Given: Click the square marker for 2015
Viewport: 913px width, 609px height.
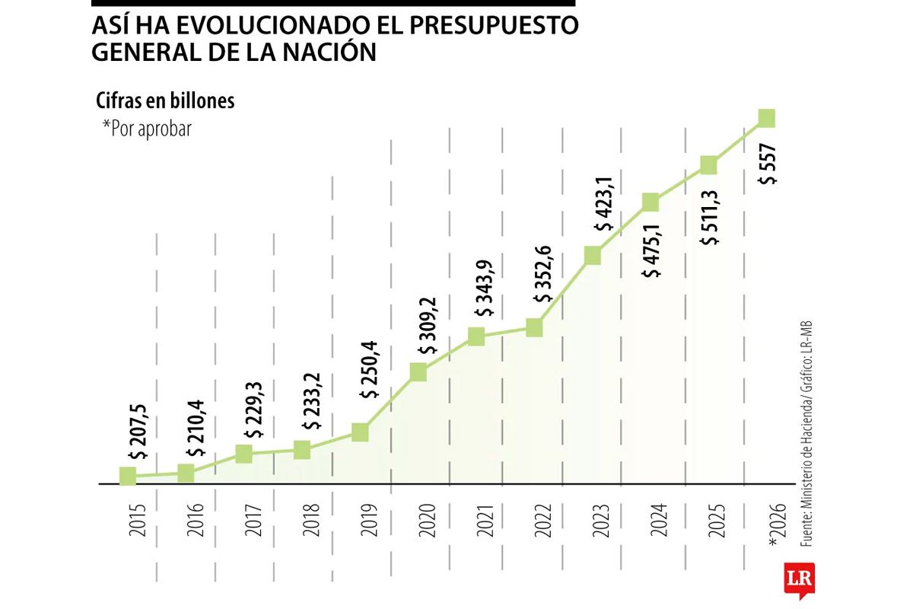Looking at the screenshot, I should tap(128, 477).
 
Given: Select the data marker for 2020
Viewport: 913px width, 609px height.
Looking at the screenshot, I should tap(418, 371).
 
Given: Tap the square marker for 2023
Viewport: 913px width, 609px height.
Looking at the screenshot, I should tap(593, 256).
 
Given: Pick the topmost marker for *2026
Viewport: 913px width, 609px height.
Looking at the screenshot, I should tap(767, 118).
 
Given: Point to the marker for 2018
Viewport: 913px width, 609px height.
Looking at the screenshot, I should tap(302, 450).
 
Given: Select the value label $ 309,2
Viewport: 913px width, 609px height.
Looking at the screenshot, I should tap(428, 326).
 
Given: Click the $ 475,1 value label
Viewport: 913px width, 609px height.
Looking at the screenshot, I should tap(652, 252).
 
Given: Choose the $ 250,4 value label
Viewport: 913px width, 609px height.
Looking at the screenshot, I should tap(371, 372).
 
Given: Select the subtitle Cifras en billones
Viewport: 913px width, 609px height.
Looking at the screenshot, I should tap(165, 101).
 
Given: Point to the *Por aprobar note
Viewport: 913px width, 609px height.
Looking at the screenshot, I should tap(146, 129).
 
